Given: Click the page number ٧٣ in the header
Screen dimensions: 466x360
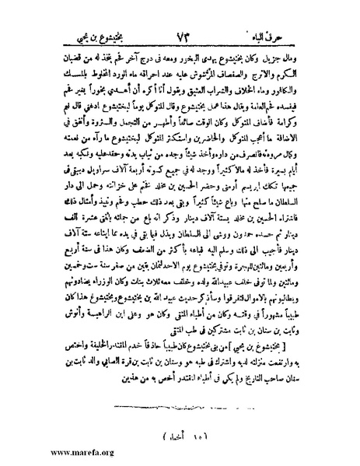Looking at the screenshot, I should click(182, 12).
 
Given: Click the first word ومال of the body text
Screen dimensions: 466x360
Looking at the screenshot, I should click(326, 36).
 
